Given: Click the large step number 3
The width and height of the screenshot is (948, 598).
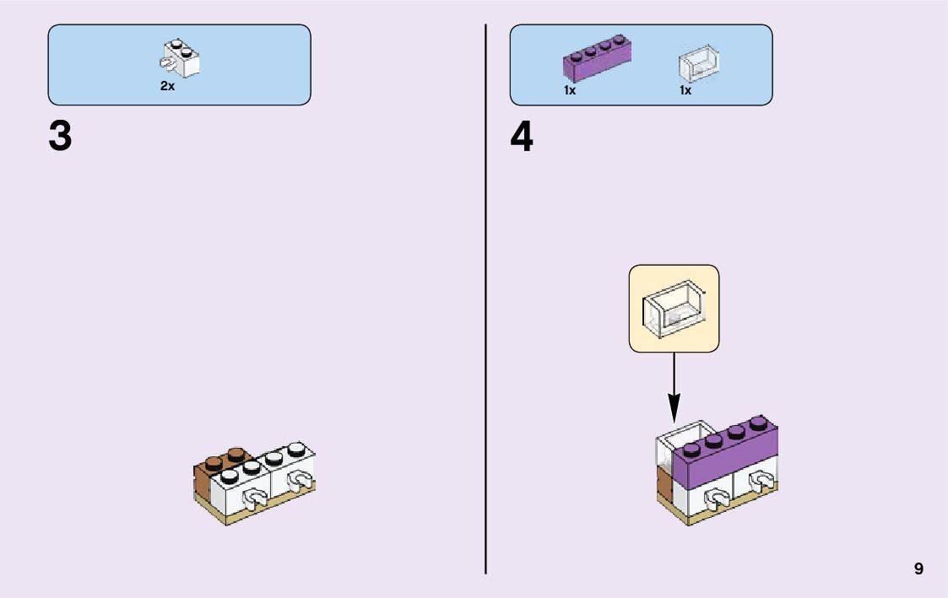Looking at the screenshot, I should [x=60, y=137].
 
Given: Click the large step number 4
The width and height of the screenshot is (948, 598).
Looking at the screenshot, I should [x=522, y=137].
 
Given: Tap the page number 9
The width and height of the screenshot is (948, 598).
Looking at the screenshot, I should [x=918, y=569].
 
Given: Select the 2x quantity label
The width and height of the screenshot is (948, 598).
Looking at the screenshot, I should [x=167, y=87].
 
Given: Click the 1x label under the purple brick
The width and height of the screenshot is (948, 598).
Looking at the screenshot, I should [x=570, y=90].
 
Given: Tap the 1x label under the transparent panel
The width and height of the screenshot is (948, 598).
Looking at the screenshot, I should [x=685, y=90].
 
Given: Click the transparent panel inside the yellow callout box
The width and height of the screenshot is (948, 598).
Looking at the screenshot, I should [x=674, y=309].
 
